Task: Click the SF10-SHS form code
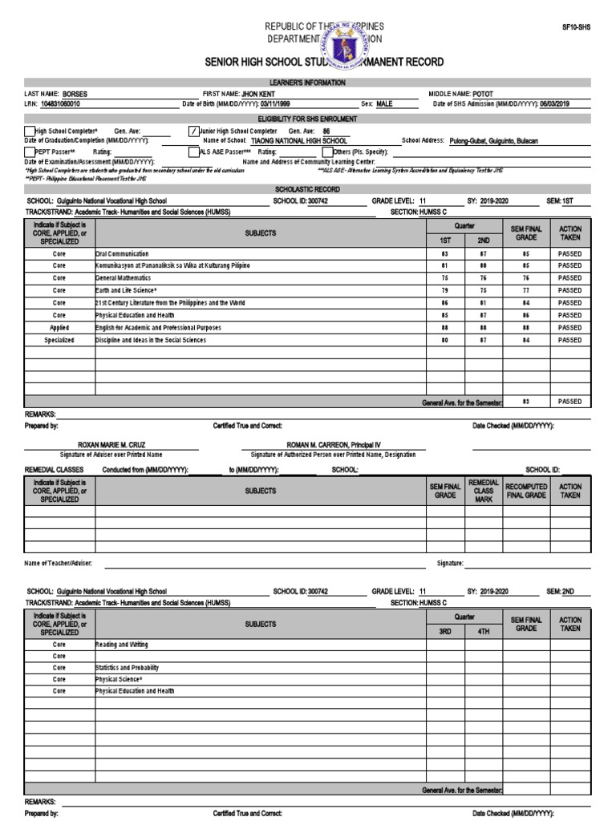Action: (x=575, y=26)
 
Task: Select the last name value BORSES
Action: (x=75, y=94)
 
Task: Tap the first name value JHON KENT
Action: (x=257, y=94)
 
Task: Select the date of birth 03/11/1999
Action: (x=283, y=104)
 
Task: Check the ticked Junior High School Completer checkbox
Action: (x=193, y=131)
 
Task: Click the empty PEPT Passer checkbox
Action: (x=30, y=151)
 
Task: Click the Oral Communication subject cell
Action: (x=122, y=253)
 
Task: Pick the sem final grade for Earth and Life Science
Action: (x=526, y=290)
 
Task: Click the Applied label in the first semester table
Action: (x=59, y=328)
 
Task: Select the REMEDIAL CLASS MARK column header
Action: (x=484, y=491)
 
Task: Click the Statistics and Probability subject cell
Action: (x=127, y=668)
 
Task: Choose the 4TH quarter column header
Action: (x=484, y=631)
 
